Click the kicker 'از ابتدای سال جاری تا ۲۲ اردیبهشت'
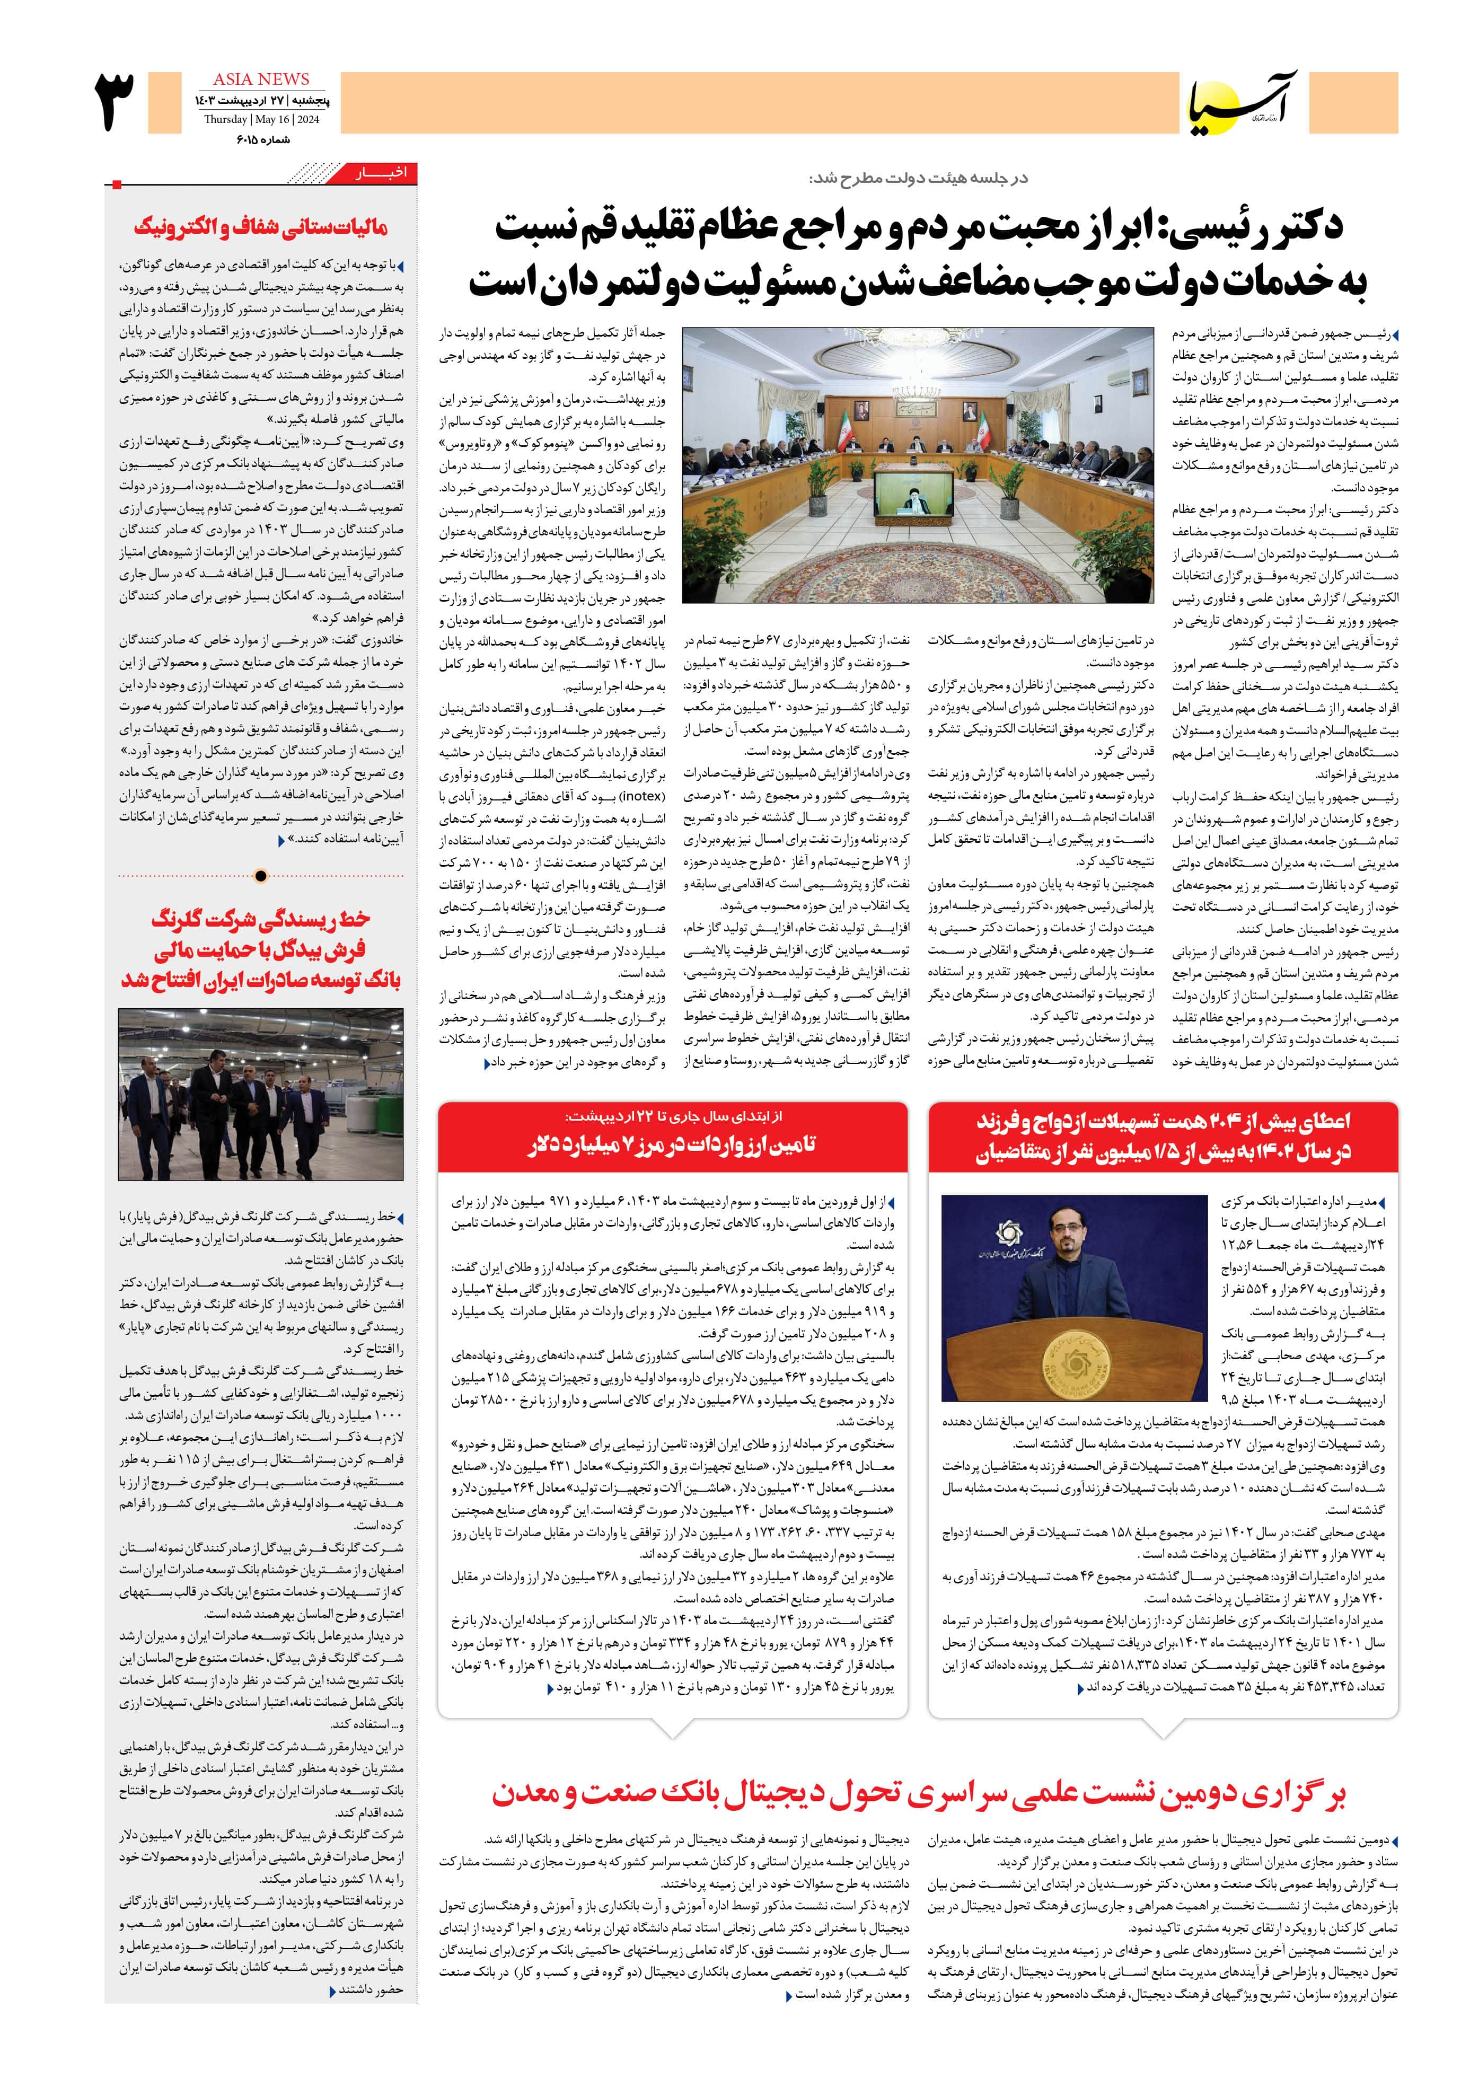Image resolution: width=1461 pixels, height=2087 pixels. tap(673, 1116)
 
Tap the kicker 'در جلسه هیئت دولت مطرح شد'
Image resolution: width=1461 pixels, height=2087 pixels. tap(918, 178)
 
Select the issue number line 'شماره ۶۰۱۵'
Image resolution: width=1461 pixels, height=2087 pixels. tap(263, 139)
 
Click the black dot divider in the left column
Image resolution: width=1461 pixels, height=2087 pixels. tap(261, 876)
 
